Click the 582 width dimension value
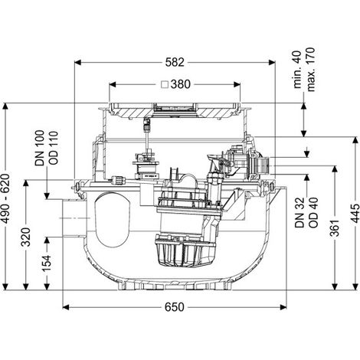pos(175,62)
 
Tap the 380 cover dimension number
pos(181,84)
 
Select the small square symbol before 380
pos(165,84)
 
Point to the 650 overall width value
pos(175,307)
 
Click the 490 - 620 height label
pos(6,198)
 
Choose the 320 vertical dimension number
pos(26,237)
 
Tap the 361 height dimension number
pos(334,227)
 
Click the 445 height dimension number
pos(355,214)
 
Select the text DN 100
pos(40,148)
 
